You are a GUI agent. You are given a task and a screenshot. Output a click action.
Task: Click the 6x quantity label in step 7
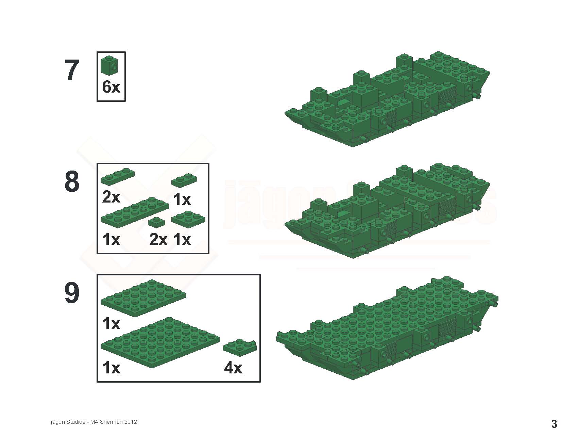(x=111, y=87)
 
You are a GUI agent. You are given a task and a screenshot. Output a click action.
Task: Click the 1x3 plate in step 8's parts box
(x=117, y=176)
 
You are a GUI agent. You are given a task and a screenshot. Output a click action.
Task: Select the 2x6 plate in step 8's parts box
(x=135, y=212)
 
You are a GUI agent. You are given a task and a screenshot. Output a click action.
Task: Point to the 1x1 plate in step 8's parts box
(x=156, y=222)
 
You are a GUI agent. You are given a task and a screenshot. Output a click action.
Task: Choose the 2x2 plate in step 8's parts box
(x=188, y=220)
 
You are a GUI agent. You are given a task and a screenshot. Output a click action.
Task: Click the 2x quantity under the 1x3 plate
(x=111, y=197)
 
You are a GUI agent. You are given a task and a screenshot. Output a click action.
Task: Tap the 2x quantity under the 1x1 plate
(x=158, y=240)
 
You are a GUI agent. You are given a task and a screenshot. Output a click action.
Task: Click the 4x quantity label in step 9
(x=233, y=368)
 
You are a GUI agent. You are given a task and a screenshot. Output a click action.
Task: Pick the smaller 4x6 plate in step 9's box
(x=143, y=299)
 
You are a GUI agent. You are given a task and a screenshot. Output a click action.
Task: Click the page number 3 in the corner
(x=554, y=424)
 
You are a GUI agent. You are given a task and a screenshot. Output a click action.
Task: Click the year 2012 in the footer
(x=130, y=422)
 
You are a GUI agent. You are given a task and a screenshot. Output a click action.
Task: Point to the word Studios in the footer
(x=75, y=422)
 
